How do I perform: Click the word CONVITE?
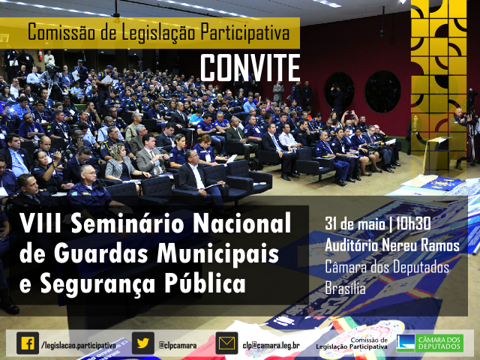[x=250, y=67]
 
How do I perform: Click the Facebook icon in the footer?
[x=28, y=343]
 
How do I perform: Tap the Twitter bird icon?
[x=142, y=343]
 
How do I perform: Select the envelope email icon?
[x=226, y=343]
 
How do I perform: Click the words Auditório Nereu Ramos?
[x=392, y=246]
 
